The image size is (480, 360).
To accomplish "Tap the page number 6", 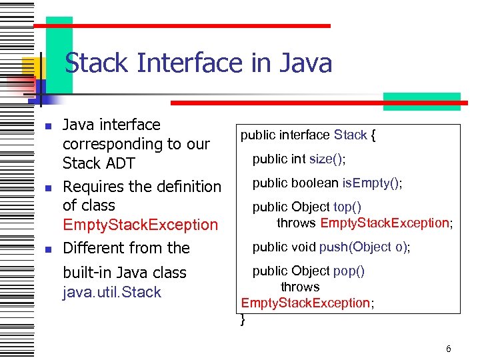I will [449, 349].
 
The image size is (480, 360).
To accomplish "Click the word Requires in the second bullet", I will [93, 187].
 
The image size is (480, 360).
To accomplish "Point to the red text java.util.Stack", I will [111, 292].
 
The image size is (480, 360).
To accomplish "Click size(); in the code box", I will [327, 159].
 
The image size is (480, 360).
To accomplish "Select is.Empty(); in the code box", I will [373, 183].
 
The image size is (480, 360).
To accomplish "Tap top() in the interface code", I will [347, 207].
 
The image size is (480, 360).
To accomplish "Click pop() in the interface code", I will [349, 271].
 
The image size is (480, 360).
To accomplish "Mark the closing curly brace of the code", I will [243, 320].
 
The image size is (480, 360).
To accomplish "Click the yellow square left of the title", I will [32, 67].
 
